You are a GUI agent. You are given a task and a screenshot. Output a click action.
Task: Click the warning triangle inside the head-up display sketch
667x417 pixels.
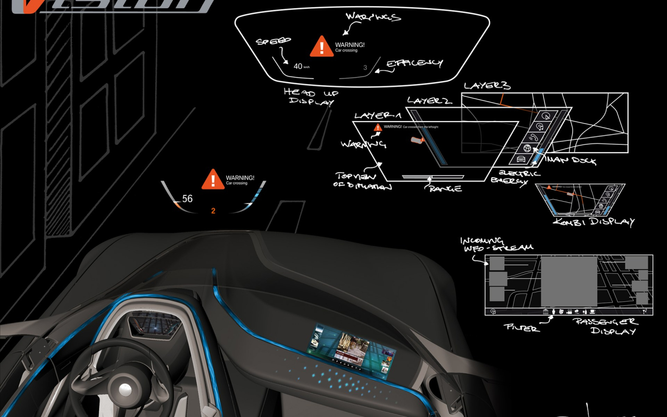[x=322, y=47]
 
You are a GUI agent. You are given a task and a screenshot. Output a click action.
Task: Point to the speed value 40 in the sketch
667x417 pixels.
[x=298, y=66]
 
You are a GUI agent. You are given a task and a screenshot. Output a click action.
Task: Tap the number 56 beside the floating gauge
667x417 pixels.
[x=187, y=199]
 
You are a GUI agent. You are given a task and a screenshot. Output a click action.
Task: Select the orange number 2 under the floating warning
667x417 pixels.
[x=213, y=211]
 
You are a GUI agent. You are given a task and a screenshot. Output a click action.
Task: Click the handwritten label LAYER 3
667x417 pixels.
[x=487, y=85]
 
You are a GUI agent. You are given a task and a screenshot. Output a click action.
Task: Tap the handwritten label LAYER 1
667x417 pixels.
[x=378, y=115]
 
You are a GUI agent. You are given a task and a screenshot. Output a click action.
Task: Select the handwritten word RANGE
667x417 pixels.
[x=446, y=188]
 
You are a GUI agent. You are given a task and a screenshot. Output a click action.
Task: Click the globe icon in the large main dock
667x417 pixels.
[x=526, y=148]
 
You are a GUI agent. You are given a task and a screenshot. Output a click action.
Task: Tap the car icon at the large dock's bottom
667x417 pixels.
[x=520, y=160]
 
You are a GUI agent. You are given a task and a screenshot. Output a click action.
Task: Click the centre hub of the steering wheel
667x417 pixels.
[x=126, y=391]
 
